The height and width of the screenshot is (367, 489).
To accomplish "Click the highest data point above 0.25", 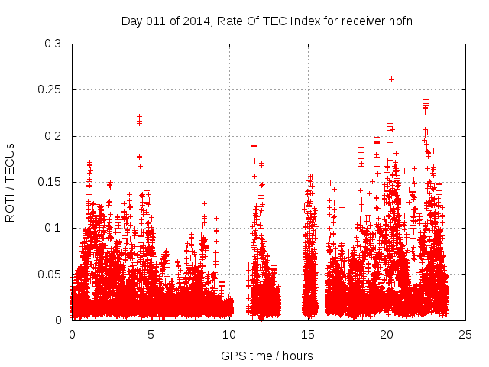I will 391,79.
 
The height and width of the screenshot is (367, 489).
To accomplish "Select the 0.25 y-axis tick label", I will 50,90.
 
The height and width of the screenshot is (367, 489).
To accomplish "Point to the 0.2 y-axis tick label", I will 53,136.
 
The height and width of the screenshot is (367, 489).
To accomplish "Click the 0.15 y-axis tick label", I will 50,182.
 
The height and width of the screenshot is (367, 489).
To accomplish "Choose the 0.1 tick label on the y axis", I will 53,228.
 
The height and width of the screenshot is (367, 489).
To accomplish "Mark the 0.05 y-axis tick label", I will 50,274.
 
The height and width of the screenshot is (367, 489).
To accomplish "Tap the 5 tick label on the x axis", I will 151,335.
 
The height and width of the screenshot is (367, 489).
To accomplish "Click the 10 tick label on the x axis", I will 229,335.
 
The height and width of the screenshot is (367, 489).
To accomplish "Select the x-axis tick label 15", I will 308,335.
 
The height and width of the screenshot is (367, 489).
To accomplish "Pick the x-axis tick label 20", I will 387,335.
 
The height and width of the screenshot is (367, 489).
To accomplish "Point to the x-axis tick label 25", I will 465,335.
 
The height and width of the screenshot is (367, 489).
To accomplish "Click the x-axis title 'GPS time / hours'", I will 267,356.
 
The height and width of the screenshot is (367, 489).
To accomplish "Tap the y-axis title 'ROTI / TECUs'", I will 10,182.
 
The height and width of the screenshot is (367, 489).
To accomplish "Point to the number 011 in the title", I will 156,21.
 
